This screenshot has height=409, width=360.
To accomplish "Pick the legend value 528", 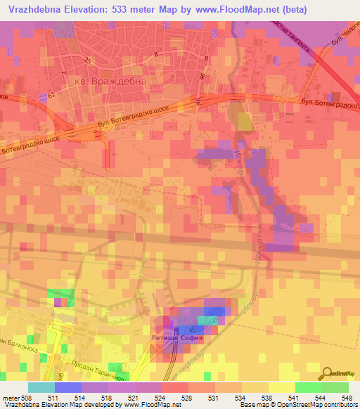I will pyautogui.click(x=187, y=397).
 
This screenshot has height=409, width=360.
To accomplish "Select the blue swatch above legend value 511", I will pyautogui.click(x=67, y=387).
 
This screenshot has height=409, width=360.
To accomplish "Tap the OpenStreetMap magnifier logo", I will pyautogui.click(x=328, y=372).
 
